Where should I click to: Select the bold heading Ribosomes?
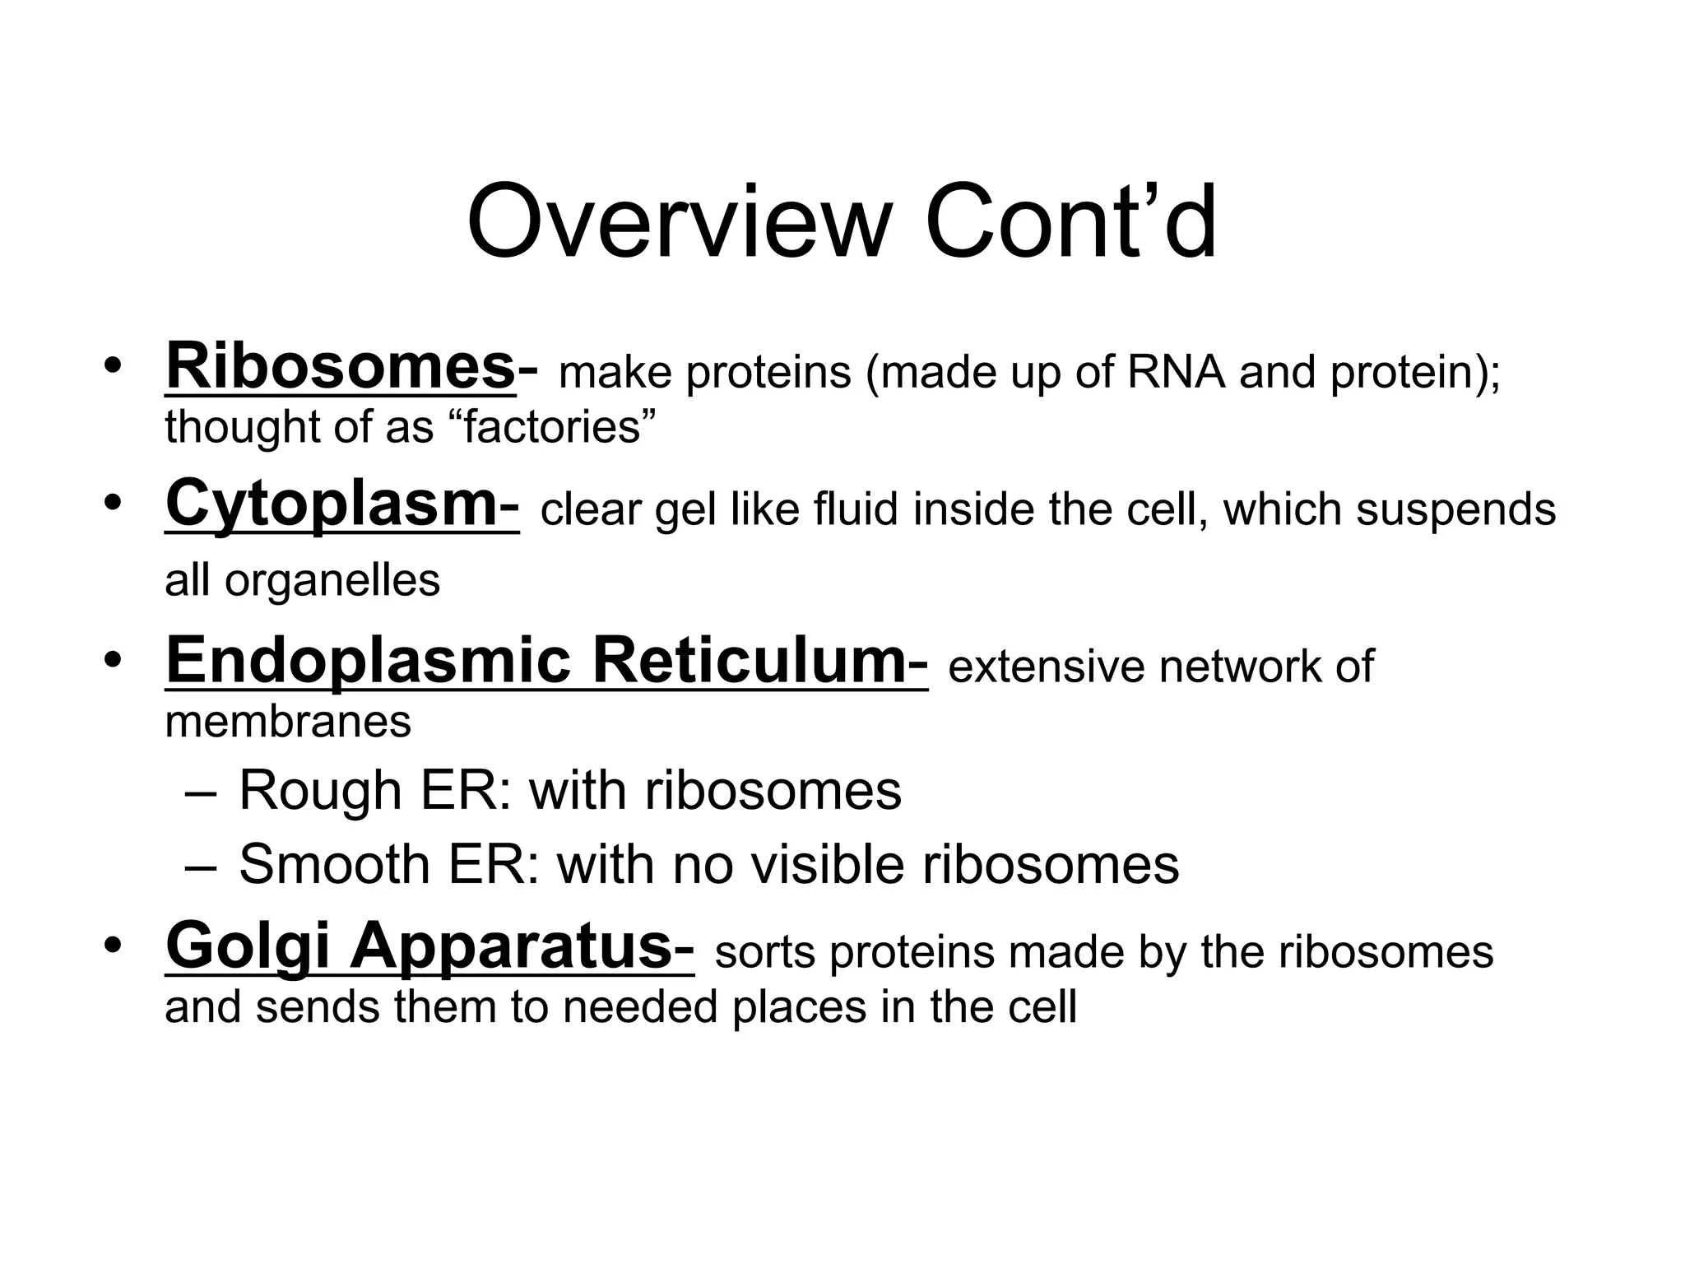341,366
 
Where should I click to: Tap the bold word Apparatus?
511,946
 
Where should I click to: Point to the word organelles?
332,581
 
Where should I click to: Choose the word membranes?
288,722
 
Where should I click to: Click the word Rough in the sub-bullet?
319,792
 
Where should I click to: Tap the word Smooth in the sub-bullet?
334,865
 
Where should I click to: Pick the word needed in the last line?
640,1007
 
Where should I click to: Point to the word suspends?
1455,509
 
